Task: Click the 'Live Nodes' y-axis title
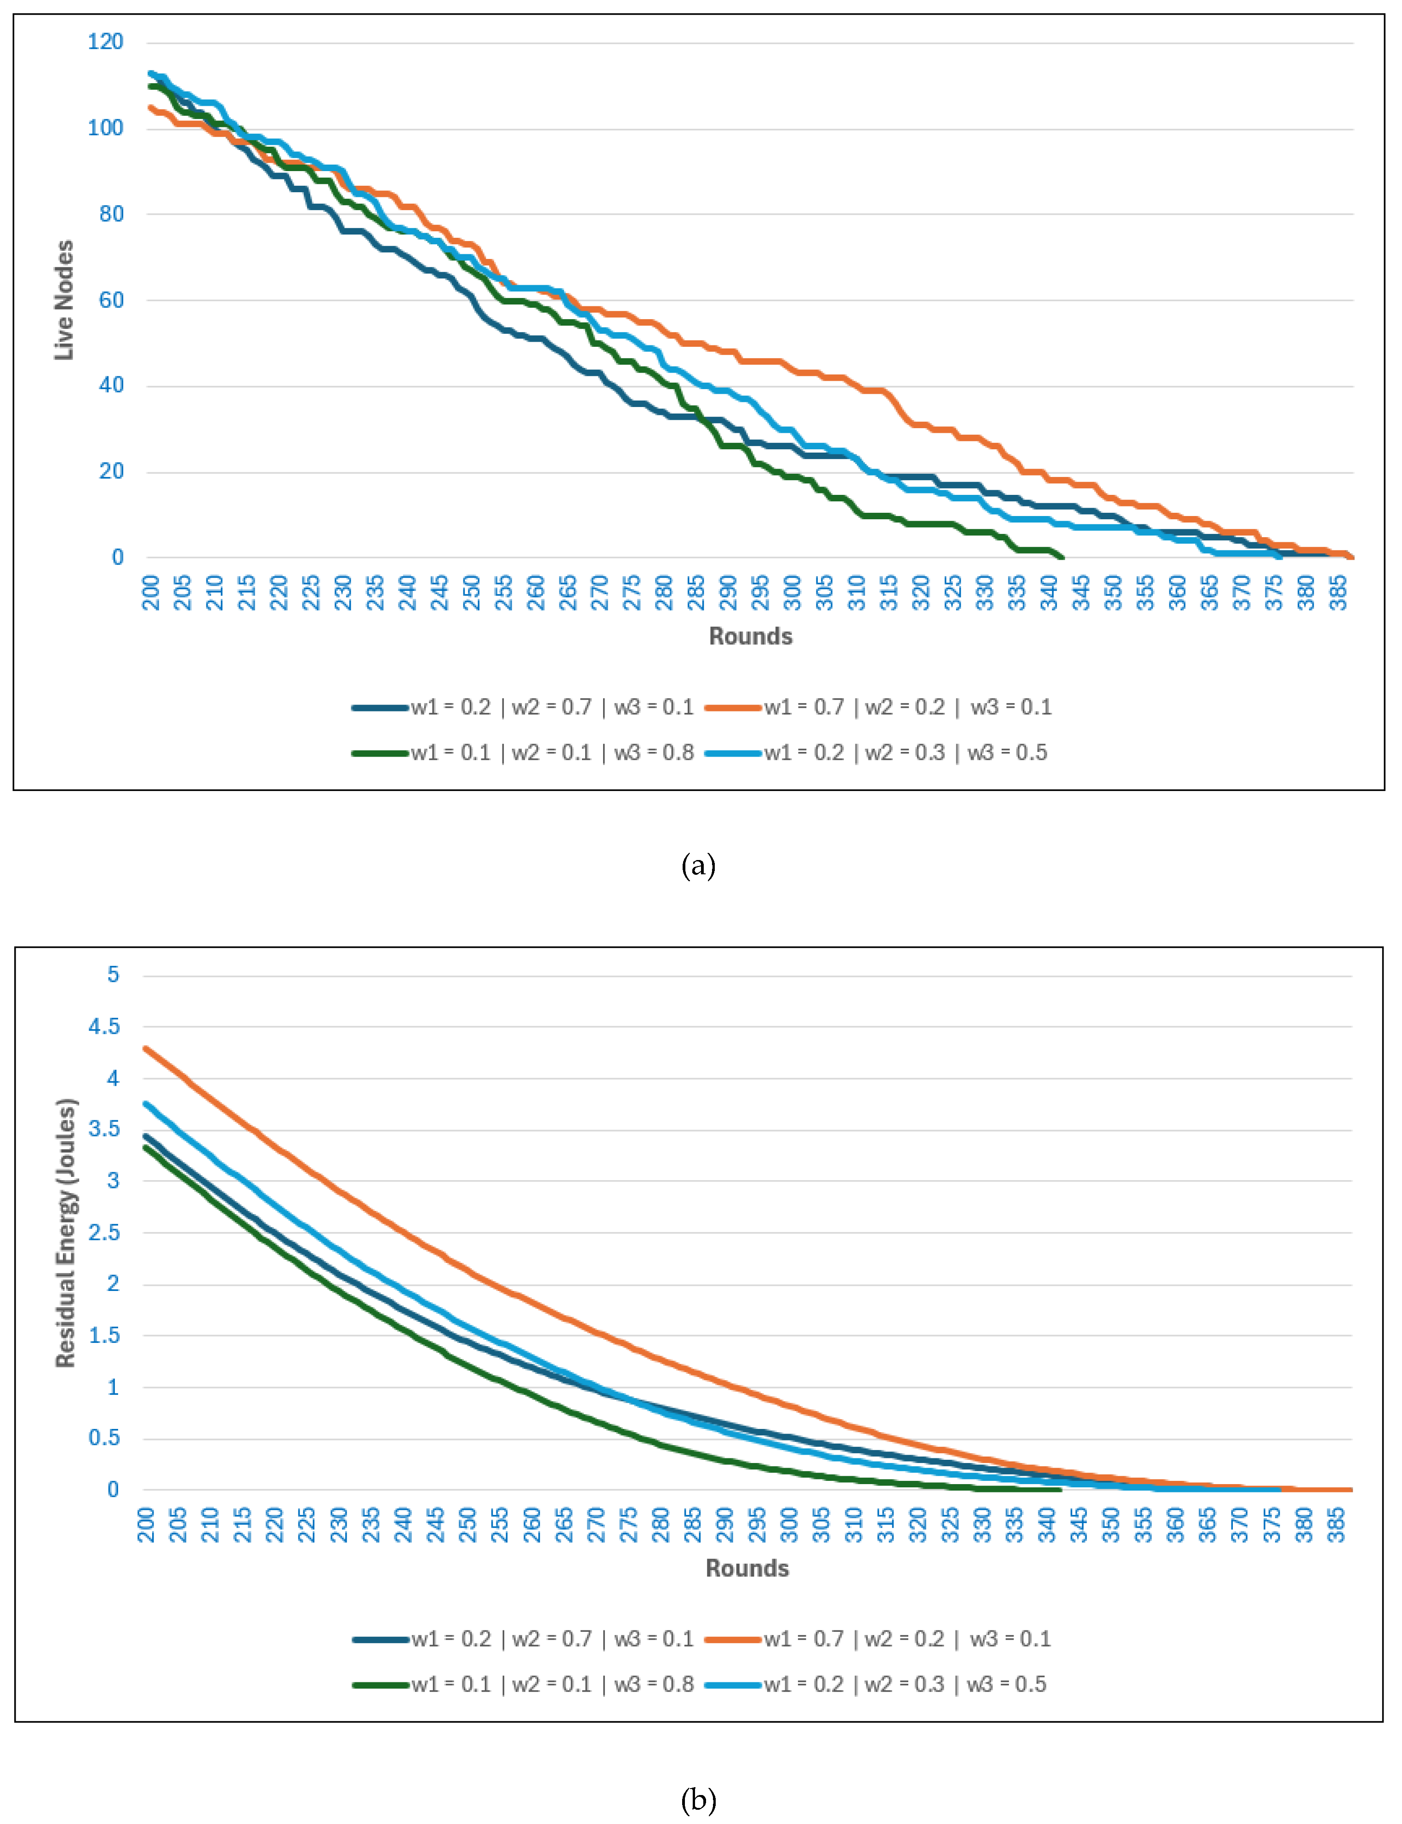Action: [64, 300]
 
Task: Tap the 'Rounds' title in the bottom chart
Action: [747, 1568]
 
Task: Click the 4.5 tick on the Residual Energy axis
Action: [104, 1026]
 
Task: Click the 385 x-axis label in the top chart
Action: [1338, 593]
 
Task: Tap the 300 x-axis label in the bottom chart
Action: [789, 1524]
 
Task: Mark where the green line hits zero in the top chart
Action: [1061, 557]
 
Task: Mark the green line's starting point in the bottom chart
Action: [146, 1147]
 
